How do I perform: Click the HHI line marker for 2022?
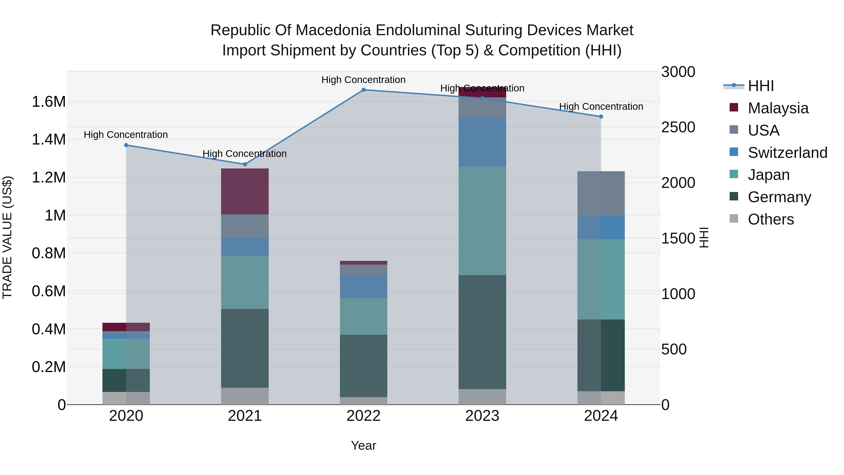tap(363, 90)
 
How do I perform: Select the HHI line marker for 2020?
tap(126, 145)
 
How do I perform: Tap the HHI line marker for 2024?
tap(601, 117)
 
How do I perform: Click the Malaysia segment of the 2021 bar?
tap(245, 191)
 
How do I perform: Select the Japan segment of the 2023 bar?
tap(482, 221)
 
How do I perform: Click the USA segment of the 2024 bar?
tap(601, 194)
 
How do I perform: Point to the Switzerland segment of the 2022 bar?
tap(363, 286)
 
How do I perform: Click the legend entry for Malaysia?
tap(778, 108)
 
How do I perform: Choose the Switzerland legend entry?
tap(787, 153)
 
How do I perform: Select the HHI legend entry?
tap(761, 86)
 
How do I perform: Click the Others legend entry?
tap(771, 219)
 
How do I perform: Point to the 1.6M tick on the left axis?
tap(49, 102)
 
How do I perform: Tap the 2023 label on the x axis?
tap(482, 416)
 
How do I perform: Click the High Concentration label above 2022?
tap(363, 80)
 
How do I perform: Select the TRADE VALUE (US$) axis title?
tap(7, 237)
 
